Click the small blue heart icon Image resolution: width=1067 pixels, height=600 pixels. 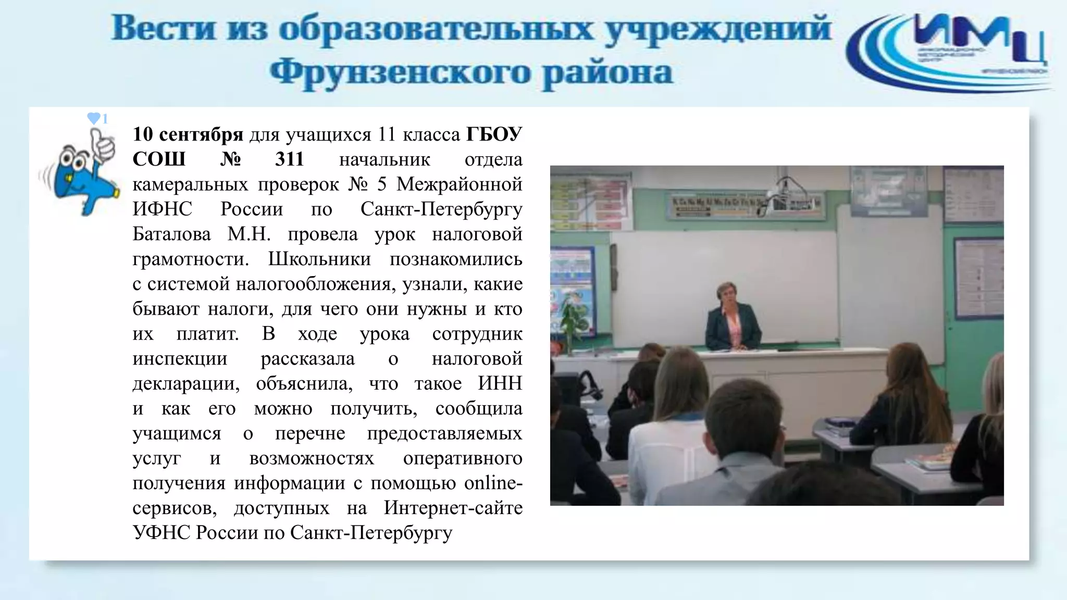(x=93, y=119)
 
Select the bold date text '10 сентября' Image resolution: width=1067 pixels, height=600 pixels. (x=188, y=135)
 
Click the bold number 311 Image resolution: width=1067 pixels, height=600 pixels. (x=289, y=159)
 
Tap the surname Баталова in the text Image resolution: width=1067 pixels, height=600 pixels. (x=171, y=234)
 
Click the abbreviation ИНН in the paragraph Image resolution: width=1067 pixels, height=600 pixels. (x=500, y=384)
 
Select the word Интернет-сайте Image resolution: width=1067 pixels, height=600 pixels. (x=453, y=508)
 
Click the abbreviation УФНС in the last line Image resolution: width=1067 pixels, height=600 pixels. (x=162, y=533)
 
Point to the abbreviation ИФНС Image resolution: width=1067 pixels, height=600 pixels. (x=162, y=209)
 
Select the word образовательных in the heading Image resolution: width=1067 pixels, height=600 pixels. (x=436, y=28)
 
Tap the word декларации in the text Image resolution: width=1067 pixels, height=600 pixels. (x=186, y=384)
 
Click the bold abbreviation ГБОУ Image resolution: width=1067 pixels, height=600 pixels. (x=493, y=135)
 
